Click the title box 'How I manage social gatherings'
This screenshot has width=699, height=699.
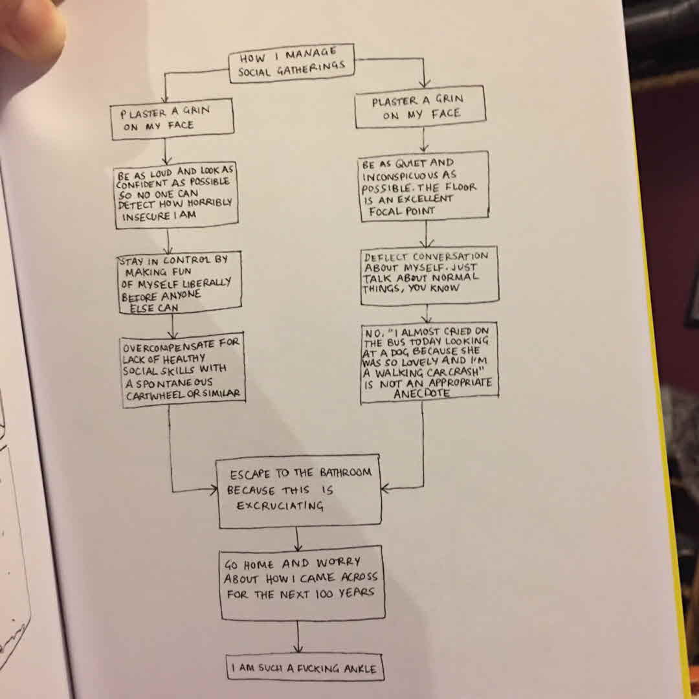point(292,64)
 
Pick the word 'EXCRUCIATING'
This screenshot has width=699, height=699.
point(280,506)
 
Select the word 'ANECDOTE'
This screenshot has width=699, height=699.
point(427,393)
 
